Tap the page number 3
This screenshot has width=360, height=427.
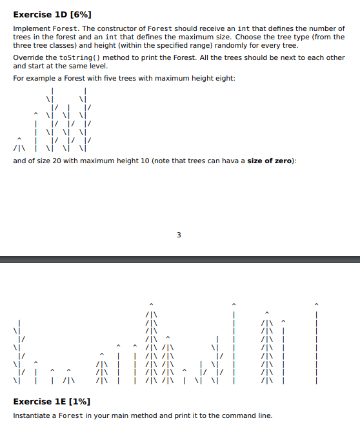(x=179, y=235)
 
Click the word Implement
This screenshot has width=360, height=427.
(x=30, y=28)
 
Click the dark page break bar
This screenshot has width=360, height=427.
(x=180, y=259)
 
